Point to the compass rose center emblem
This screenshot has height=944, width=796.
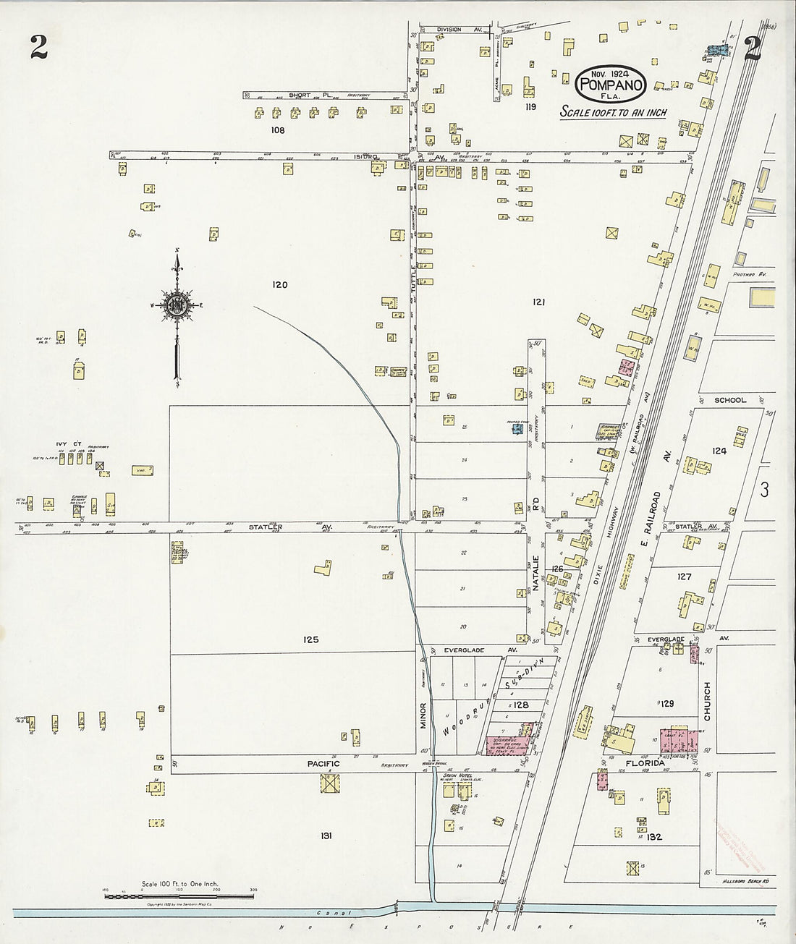pyautogui.click(x=176, y=305)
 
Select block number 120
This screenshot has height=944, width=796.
pyautogui.click(x=280, y=285)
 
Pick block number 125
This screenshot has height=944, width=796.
pyautogui.click(x=311, y=639)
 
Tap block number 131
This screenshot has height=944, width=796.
pyautogui.click(x=326, y=836)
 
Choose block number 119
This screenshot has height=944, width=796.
pyautogui.click(x=531, y=107)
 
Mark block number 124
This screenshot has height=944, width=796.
pyautogui.click(x=719, y=451)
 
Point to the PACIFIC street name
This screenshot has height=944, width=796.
pyautogui.click(x=324, y=763)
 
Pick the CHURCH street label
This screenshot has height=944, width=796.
pyautogui.click(x=708, y=702)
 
